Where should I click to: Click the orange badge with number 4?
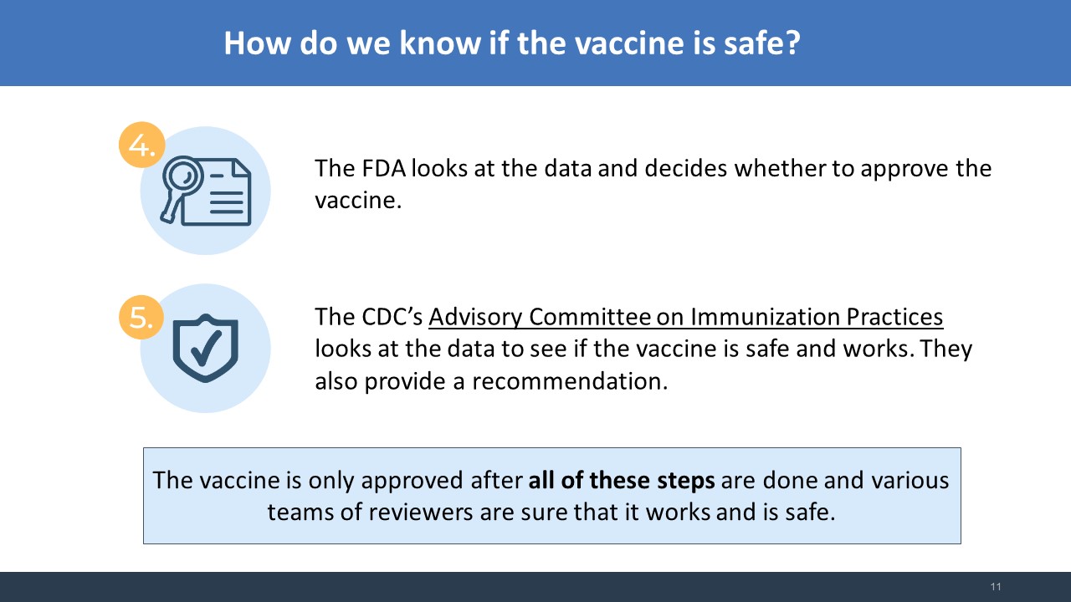141,145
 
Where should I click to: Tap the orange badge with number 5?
141,317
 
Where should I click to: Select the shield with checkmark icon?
206,348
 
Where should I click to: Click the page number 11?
996,587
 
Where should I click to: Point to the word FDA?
383,169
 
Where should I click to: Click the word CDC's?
392,317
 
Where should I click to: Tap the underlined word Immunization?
765,317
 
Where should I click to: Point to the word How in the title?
257,43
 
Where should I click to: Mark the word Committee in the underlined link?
590,317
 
